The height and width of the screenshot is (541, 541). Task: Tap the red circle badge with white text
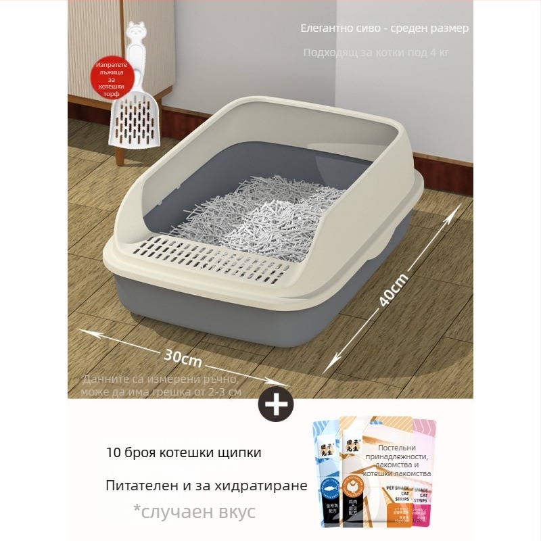point(109,80)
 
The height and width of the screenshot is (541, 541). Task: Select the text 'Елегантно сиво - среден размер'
point(385,29)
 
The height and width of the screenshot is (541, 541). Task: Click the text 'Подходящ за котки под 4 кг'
point(375,52)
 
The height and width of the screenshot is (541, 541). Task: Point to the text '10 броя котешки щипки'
point(183,452)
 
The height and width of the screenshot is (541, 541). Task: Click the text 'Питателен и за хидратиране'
point(206,486)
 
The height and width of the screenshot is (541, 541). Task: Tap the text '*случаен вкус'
point(194,512)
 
